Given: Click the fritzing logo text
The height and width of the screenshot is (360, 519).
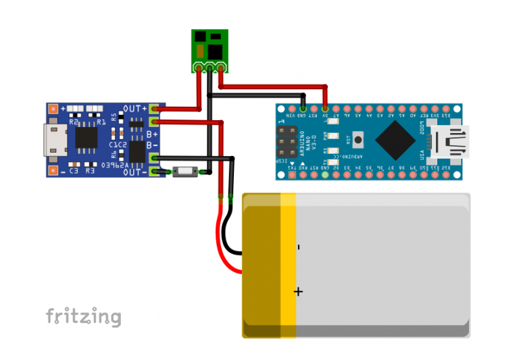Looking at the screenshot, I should coord(84,316).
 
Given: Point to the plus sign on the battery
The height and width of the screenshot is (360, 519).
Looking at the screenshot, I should coord(298,291).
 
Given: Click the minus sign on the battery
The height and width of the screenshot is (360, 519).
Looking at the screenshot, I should coord(298,247).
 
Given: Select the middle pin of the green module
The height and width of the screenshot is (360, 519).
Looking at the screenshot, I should coord(209,68).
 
